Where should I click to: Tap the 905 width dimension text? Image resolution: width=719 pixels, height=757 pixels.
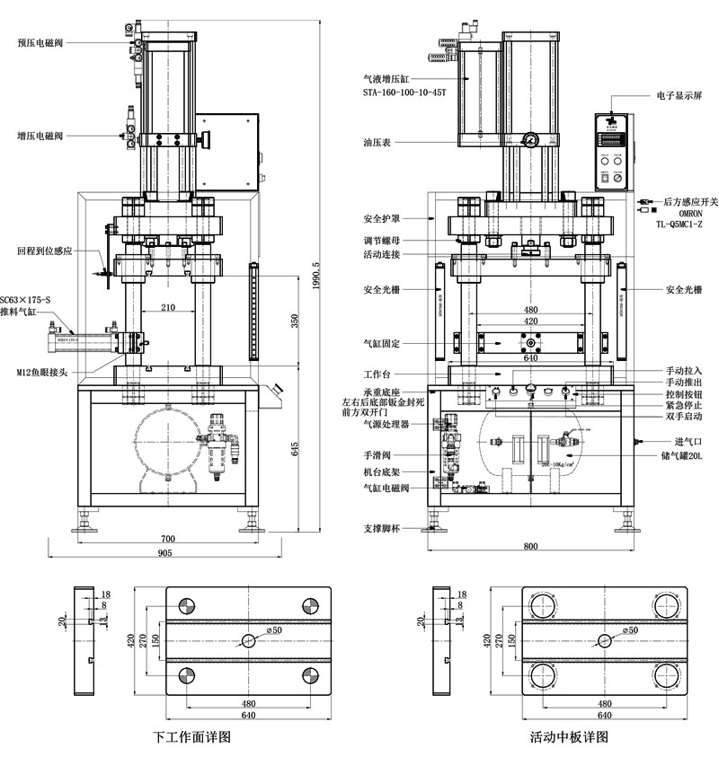[x=166, y=553]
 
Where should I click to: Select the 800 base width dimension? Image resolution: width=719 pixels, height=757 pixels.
[x=531, y=546]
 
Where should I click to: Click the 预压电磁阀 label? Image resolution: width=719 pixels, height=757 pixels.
[x=46, y=41]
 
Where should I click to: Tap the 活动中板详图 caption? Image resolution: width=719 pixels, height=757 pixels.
[x=570, y=738]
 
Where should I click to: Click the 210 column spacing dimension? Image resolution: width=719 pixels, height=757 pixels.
[x=168, y=308]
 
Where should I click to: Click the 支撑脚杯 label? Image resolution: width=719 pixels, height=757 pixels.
[x=381, y=528]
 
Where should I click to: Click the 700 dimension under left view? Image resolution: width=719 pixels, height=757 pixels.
[x=168, y=538]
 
